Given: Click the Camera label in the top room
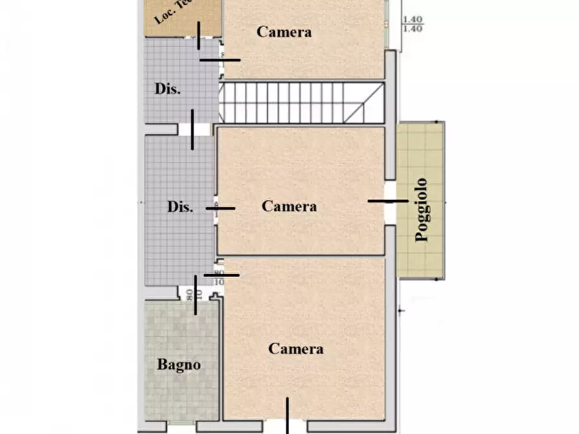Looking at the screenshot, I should coord(284,31).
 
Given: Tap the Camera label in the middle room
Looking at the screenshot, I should coord(289,206).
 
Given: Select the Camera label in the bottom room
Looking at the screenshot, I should coord(296,348).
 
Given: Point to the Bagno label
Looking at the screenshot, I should coord(179,365).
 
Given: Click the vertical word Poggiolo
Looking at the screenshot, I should coord(422,209).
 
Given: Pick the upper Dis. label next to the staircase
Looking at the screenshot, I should coord(167,89).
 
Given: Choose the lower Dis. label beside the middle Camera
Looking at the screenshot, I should coord(180,207).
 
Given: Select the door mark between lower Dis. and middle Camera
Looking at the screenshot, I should coord(221,208).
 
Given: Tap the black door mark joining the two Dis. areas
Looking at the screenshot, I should coord(193,130).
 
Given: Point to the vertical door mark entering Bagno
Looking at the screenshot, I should coord(196,295).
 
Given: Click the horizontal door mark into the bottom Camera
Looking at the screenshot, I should coord(222,275).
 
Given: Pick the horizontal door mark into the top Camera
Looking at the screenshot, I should coord(220,60).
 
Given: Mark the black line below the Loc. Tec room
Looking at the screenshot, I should coord(199,34).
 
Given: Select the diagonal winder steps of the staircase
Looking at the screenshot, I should coord(363,103).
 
